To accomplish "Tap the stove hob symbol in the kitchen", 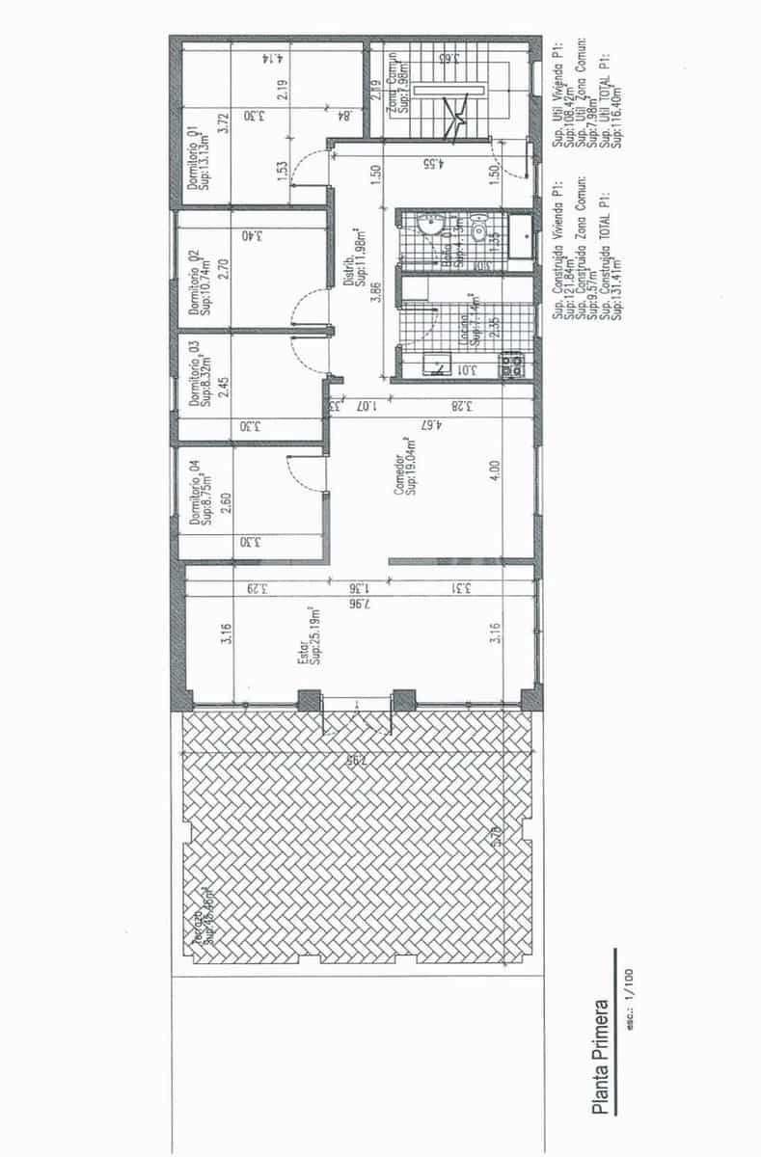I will click(x=510, y=364).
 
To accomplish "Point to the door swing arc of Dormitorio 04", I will click(x=291, y=471).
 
